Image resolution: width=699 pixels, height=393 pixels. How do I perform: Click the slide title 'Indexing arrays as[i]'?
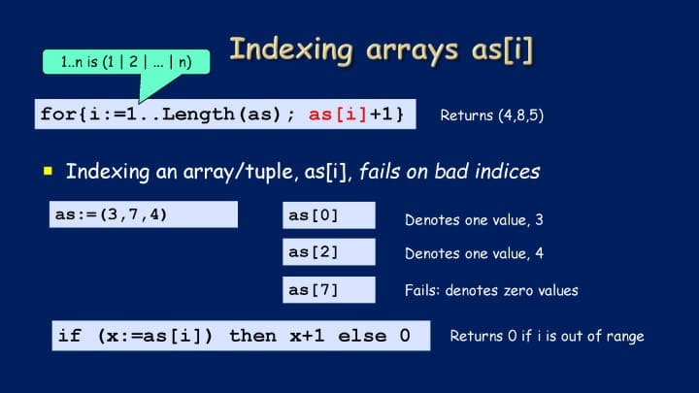(382, 49)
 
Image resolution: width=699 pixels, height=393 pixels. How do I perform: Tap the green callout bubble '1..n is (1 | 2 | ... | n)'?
(126, 62)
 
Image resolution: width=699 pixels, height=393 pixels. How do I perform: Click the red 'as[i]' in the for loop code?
(338, 115)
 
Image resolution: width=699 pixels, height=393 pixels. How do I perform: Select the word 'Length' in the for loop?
(198, 115)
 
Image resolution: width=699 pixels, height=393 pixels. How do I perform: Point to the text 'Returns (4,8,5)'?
(491, 115)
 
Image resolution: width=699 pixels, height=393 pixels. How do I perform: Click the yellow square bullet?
(49, 171)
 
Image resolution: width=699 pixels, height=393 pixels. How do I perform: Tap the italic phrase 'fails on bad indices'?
(449, 172)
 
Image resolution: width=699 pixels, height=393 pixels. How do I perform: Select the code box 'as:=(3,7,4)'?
(144, 214)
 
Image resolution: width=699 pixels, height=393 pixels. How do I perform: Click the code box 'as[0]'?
(329, 215)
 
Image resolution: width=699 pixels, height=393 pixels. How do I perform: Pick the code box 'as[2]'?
(329, 251)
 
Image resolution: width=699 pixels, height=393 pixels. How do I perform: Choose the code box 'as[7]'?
(329, 289)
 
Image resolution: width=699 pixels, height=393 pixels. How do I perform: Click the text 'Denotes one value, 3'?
(474, 219)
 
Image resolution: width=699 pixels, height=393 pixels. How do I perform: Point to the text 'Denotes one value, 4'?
(474, 253)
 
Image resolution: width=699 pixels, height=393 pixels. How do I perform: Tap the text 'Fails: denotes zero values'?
(491, 290)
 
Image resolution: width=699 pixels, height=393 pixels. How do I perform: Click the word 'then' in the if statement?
(252, 336)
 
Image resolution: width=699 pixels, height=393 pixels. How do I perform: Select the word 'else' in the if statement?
(362, 336)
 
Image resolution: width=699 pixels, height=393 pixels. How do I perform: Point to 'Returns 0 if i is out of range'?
(547, 336)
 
